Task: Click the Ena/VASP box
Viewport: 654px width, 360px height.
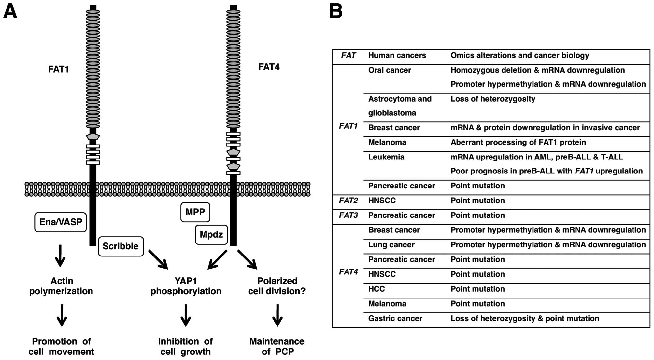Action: point(61,222)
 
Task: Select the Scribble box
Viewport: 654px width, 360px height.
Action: point(121,246)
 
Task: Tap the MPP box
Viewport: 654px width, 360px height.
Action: point(195,212)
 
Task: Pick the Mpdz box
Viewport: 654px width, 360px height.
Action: point(211,235)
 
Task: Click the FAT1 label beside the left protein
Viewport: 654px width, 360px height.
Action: point(59,69)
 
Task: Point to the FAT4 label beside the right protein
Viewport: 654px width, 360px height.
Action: point(269,67)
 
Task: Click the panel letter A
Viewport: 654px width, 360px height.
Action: point(10,12)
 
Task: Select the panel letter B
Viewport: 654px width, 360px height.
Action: point(336,12)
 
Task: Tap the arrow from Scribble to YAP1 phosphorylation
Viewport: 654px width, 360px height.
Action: point(158,260)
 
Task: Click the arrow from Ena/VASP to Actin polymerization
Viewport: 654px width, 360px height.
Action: point(60,256)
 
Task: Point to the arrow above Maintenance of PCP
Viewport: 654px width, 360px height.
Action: point(277,315)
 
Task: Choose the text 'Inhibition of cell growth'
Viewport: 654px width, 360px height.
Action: point(185,347)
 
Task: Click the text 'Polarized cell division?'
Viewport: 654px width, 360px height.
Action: point(277,286)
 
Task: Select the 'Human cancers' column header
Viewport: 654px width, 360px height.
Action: point(397,56)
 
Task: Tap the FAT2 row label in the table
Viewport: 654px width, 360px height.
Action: point(348,201)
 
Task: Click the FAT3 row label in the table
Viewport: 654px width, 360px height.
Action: point(348,215)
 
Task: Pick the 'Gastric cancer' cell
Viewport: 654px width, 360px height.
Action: point(395,319)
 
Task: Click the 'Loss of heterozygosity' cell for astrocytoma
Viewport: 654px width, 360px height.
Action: point(493,99)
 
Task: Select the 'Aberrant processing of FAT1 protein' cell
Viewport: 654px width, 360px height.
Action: point(518,143)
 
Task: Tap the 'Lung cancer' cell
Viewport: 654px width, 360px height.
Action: point(391,245)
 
